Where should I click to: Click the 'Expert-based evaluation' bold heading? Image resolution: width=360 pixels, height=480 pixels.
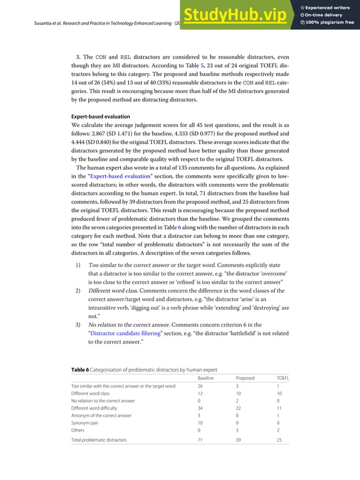(x=100, y=117)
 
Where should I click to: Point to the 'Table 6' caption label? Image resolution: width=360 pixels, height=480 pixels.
(x=80, y=369)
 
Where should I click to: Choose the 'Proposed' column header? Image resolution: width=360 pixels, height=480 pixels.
(x=245, y=378)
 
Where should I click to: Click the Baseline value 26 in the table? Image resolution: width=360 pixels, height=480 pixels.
(x=200, y=386)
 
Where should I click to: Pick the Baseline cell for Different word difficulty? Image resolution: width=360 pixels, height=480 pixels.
(x=200, y=408)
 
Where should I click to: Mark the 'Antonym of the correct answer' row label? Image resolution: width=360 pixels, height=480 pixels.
(x=101, y=415)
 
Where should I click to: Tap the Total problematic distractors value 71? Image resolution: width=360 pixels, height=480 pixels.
(x=200, y=439)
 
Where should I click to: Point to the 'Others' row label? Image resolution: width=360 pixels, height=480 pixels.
(x=79, y=430)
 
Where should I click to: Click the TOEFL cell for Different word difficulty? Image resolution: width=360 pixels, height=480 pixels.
(x=279, y=408)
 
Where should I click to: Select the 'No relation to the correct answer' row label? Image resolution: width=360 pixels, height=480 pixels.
(x=103, y=400)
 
